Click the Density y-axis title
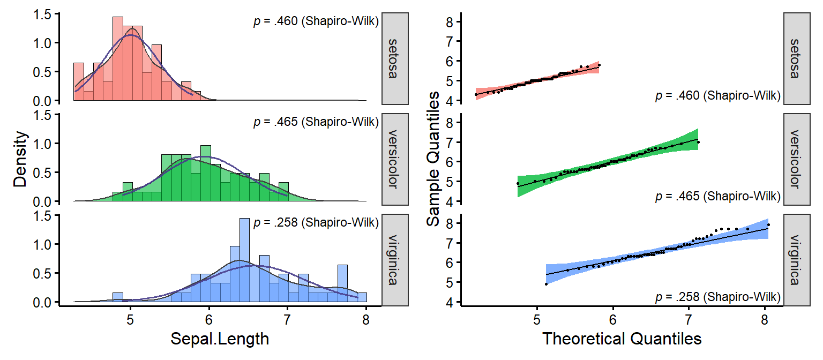[x=20, y=159]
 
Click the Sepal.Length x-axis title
[x=220, y=339]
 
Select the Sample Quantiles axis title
[x=433, y=159]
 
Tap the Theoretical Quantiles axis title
[x=622, y=339]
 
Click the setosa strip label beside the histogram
[x=395, y=58]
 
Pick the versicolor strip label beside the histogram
[x=395, y=159]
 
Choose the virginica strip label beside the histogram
[x=395, y=260]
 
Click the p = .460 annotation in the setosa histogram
[x=316, y=22]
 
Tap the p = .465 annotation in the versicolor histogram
[x=316, y=122]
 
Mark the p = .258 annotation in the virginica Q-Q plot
[x=717, y=296]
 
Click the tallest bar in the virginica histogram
[x=244, y=260]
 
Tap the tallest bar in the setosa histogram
[x=118, y=59]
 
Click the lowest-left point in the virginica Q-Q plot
[x=546, y=284]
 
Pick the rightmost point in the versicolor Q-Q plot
[x=698, y=142]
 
